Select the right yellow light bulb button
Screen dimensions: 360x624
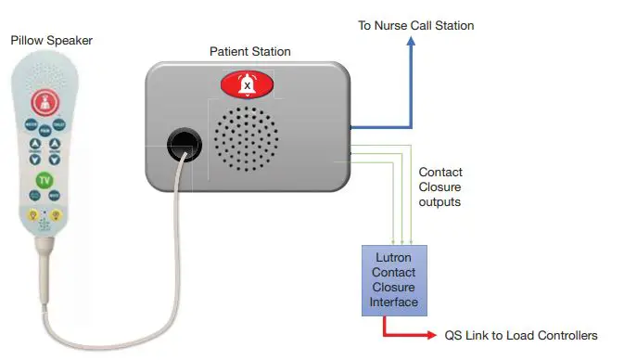tap(55, 215)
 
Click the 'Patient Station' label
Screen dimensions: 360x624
tap(249, 52)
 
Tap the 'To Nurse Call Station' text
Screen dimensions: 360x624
tap(415, 25)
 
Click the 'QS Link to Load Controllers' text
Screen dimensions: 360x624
tap(520, 335)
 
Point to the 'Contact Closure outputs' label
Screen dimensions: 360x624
tap(440, 186)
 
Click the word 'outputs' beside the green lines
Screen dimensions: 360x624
tap(440, 201)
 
